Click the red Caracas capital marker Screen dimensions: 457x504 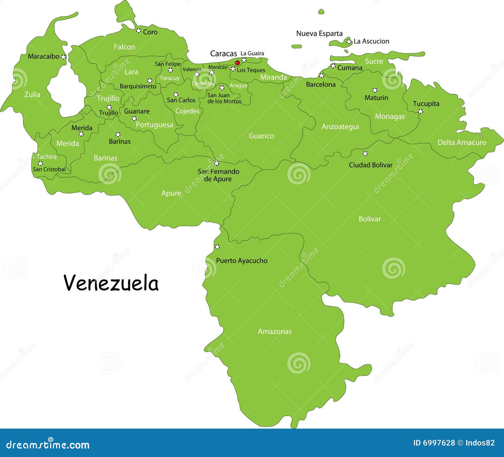238,63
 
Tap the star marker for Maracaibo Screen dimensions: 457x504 64,57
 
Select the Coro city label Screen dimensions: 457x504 150,32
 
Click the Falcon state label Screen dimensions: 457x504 124,47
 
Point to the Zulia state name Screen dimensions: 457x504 32,94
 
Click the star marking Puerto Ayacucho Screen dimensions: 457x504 217,247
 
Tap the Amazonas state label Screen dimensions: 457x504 275,331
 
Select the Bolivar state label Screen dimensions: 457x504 369,219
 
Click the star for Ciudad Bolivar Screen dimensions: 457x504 365,154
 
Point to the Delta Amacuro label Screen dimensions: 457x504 462,143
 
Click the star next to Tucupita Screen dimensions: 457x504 420,111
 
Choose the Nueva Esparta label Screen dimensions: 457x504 319,33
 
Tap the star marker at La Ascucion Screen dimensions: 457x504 349,41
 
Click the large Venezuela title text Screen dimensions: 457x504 111,283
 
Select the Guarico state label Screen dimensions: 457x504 261,136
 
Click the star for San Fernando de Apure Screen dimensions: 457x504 216,163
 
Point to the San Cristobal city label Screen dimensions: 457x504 49,169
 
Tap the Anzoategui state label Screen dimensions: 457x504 340,127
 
